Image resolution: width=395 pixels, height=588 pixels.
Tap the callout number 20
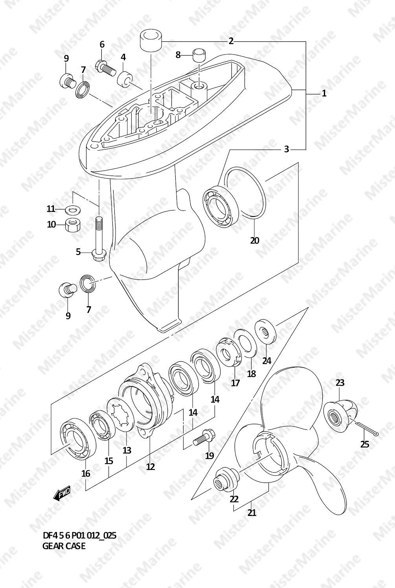click(255, 240)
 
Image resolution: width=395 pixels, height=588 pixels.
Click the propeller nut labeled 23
click(340, 414)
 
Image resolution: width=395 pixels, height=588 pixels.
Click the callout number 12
click(151, 466)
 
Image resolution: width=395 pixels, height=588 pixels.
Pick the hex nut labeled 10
click(72, 225)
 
